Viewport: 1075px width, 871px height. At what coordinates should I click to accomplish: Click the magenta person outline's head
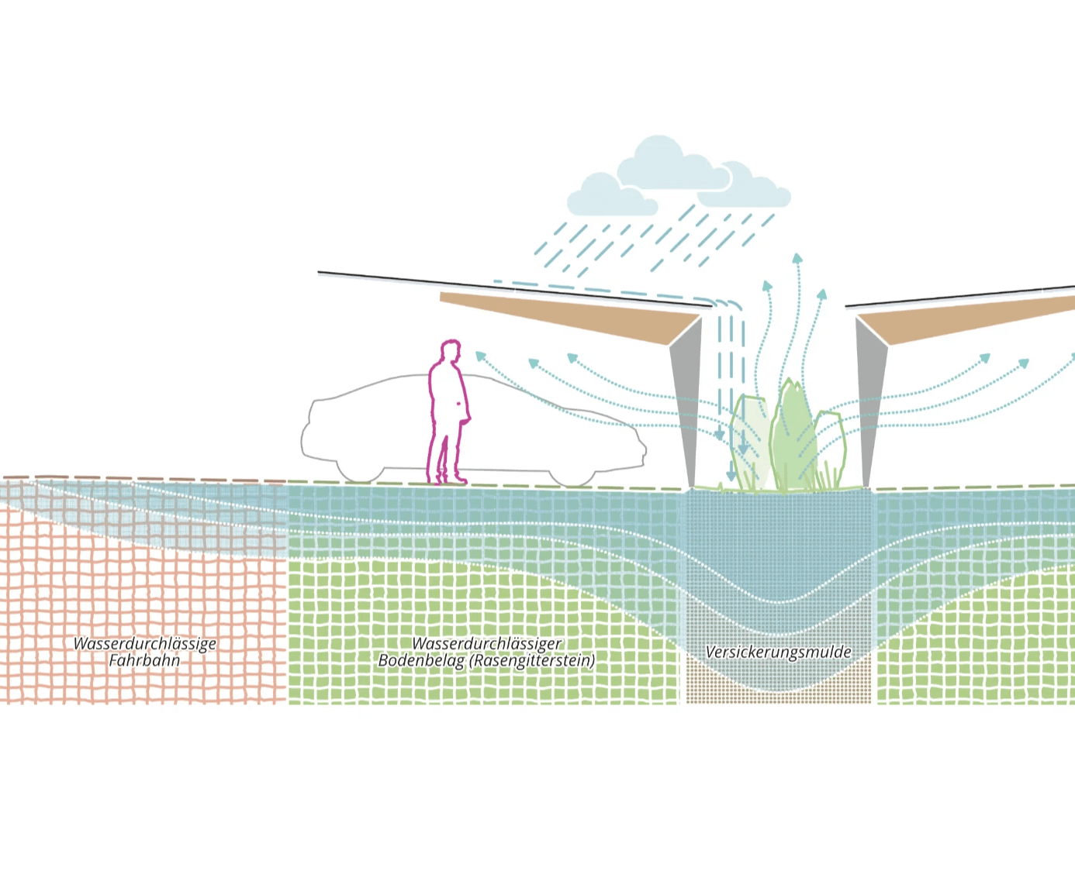tap(450, 350)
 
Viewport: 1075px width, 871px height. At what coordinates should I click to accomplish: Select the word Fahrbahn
tap(144, 660)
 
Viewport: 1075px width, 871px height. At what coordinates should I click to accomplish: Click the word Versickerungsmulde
tap(778, 652)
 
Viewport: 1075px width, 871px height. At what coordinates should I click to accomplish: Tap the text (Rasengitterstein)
tap(532, 660)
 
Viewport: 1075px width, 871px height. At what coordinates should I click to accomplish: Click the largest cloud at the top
tap(674, 164)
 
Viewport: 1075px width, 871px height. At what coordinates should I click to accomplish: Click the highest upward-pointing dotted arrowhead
tap(797, 259)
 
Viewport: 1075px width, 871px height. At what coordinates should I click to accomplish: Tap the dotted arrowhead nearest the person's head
tap(480, 357)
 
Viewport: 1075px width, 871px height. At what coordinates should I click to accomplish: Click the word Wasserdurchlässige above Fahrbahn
tap(145, 644)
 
